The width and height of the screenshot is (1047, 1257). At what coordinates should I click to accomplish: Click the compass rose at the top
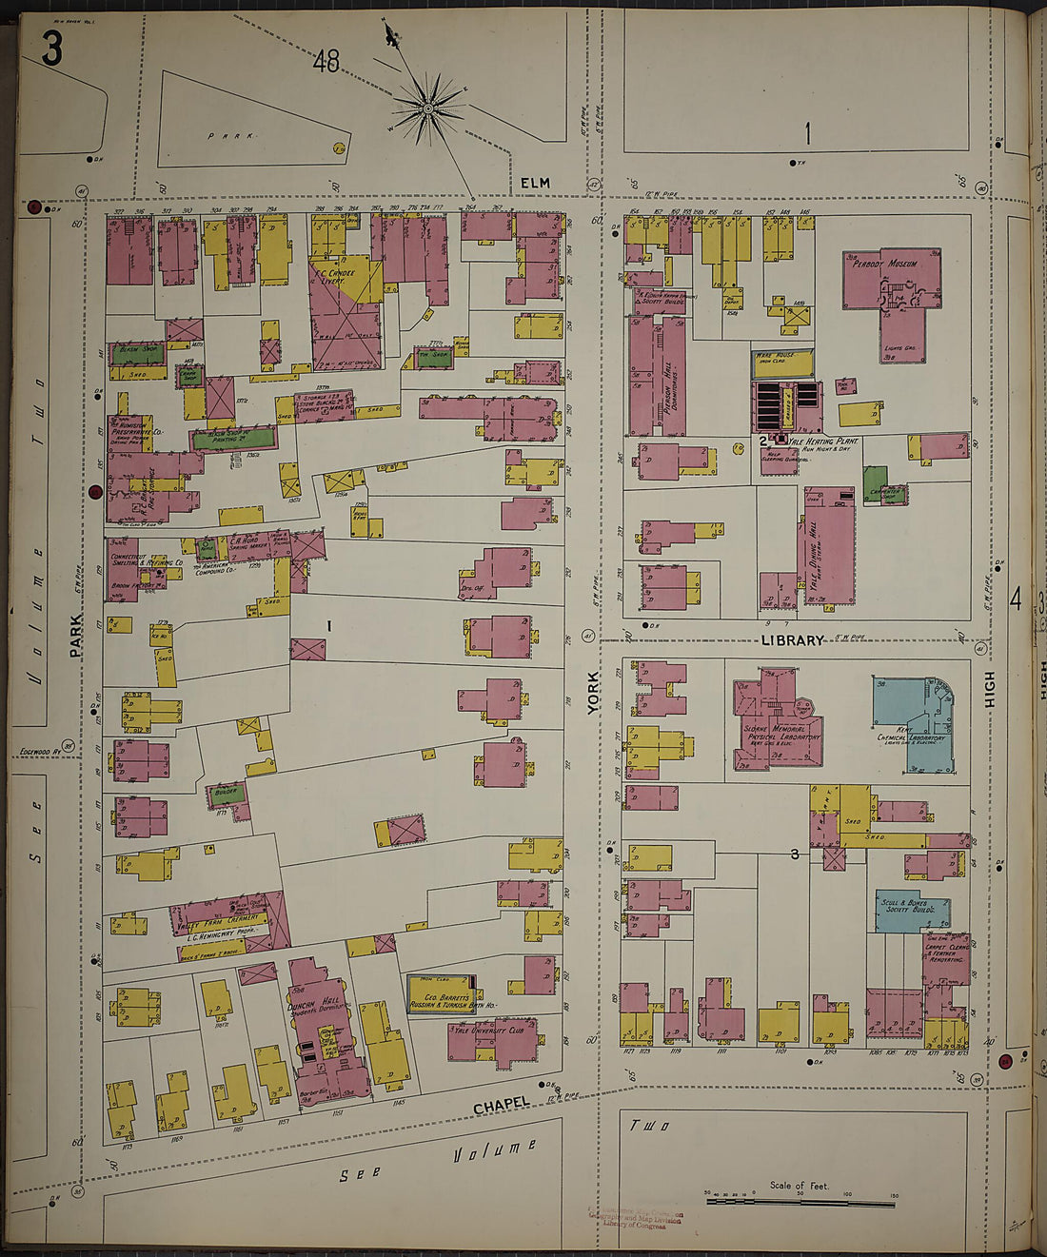coord(427,111)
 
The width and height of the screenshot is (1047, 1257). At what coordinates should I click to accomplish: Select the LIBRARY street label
coord(792,640)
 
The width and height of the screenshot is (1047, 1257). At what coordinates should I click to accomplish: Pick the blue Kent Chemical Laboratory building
coord(912,723)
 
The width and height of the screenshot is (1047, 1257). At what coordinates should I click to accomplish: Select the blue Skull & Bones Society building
coord(911,910)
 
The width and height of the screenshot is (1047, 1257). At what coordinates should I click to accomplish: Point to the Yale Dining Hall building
coord(829,546)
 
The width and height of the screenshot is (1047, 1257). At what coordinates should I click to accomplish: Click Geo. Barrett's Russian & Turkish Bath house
coord(440,995)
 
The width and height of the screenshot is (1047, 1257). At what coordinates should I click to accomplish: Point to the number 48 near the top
coord(326,62)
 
